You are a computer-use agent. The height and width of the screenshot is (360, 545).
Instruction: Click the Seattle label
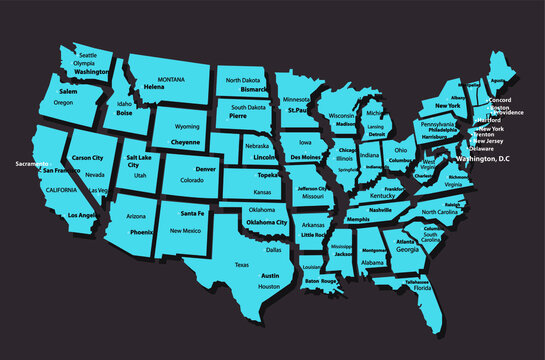[x=88, y=54]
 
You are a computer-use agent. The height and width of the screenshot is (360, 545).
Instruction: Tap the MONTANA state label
[x=172, y=78]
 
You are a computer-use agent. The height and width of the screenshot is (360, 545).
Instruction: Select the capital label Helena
[x=154, y=87]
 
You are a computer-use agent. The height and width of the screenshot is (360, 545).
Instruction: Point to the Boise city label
[x=124, y=113]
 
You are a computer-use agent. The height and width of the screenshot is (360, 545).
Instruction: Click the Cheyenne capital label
[x=186, y=142]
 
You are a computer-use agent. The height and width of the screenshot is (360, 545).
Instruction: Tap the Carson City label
[x=87, y=158]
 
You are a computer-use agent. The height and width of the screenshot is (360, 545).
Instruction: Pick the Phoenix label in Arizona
[x=141, y=232]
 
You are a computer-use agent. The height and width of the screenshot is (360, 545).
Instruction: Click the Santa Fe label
[x=193, y=214]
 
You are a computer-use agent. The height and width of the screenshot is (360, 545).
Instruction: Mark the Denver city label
[x=206, y=169]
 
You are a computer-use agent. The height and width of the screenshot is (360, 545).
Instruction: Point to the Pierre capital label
[x=238, y=116]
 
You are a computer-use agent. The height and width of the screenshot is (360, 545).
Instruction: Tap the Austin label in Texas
[x=270, y=274]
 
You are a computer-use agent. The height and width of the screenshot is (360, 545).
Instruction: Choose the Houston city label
[x=269, y=286]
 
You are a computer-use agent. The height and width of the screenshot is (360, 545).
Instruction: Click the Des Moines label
[x=306, y=158]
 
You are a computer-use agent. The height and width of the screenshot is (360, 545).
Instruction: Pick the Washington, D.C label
[x=482, y=159]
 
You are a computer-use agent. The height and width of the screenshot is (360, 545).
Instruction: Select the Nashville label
[x=380, y=210]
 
